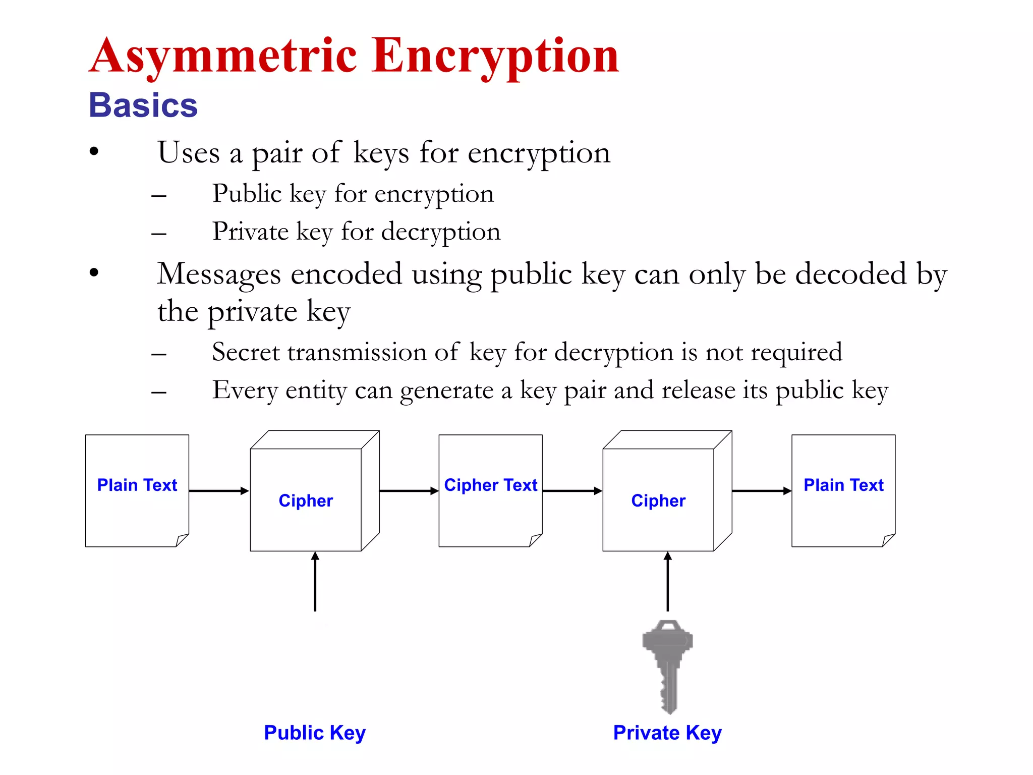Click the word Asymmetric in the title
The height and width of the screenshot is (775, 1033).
[223, 57]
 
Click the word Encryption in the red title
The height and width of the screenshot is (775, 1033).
[495, 57]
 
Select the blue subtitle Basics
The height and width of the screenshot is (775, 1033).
[143, 105]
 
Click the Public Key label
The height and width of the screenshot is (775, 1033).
[315, 733]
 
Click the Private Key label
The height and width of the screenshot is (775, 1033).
[667, 733]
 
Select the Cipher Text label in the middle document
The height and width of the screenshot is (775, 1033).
[490, 485]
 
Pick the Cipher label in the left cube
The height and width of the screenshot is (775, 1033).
[306, 501]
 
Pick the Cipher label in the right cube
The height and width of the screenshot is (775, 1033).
[658, 501]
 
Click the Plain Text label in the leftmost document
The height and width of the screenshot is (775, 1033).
[137, 485]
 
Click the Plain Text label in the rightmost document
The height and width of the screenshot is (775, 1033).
[843, 485]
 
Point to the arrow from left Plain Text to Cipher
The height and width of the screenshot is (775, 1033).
[219, 490]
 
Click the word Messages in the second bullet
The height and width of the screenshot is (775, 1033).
[218, 275]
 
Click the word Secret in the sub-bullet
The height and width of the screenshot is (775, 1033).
[245, 352]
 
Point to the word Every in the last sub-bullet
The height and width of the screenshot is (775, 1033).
[245, 391]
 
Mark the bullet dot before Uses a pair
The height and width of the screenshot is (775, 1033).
[94, 151]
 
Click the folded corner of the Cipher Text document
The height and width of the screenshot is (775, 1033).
[536, 540]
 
